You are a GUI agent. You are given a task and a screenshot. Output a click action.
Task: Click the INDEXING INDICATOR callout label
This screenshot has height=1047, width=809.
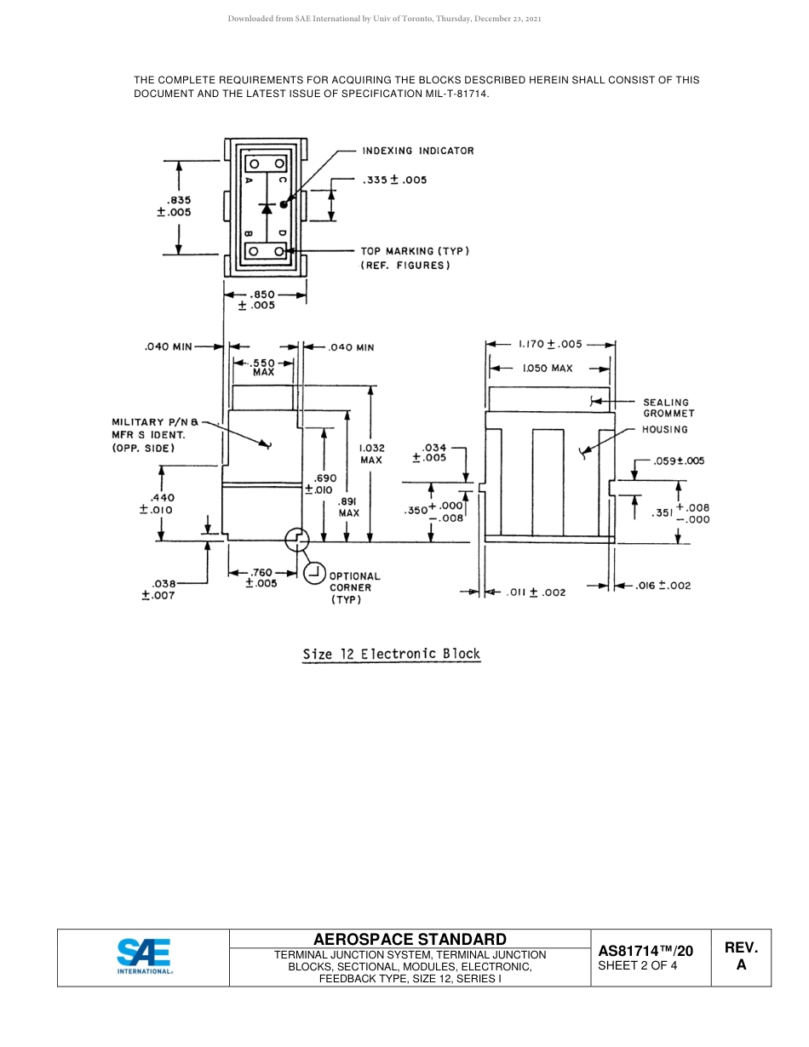pos(417,151)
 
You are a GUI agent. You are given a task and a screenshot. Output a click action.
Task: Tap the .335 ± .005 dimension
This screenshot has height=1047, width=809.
pos(394,180)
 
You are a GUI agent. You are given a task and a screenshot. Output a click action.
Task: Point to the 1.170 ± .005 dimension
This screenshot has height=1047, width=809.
pos(550,344)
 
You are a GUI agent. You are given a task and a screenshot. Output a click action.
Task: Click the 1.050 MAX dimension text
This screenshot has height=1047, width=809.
pos(548,369)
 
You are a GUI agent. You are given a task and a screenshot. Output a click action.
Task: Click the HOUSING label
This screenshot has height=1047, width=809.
pos(664,430)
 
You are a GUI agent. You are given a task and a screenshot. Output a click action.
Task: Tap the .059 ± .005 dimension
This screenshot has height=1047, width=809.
pos(679,461)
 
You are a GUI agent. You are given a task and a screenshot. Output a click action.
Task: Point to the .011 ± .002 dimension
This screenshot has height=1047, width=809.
pos(536,592)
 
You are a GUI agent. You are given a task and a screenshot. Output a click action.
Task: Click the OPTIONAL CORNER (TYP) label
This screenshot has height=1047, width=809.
pos(354,587)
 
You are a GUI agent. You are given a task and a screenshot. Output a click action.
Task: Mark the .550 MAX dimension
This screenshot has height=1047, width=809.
pos(263,367)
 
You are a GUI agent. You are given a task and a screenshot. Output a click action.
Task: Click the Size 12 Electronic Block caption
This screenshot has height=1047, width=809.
pos(392,655)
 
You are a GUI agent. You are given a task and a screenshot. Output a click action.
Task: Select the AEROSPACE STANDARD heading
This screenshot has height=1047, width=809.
pos(410,939)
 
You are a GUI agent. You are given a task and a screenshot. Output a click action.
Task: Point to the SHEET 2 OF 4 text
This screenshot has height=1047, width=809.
pos(638,965)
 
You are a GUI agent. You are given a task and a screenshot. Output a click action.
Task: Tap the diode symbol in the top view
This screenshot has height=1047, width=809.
pos(267,208)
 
